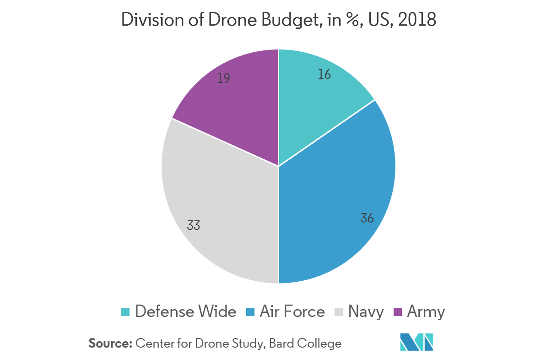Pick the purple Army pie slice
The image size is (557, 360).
[238, 110]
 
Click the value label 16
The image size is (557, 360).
[324, 74]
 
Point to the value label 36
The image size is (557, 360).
[367, 218]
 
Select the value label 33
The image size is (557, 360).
[193, 225]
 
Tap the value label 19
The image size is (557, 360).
[223, 79]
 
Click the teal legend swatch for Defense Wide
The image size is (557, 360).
[125, 312]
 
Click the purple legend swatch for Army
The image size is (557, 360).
[397, 312]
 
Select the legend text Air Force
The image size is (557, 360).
[292, 312]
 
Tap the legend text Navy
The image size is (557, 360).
[366, 312]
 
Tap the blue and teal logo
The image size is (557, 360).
[416, 342]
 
